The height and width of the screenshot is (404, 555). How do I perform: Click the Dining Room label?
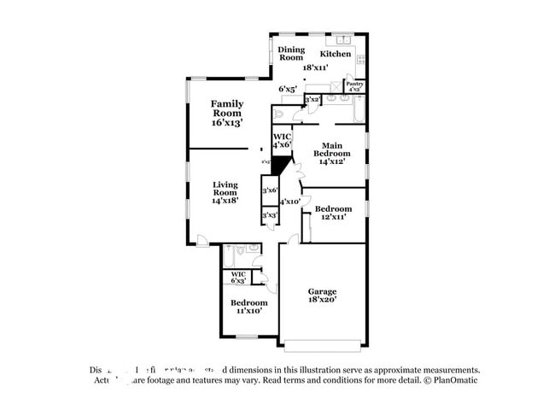tap(291, 53)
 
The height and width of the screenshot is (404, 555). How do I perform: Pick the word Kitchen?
tap(336, 54)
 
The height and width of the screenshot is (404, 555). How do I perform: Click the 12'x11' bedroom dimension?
tap(332, 218)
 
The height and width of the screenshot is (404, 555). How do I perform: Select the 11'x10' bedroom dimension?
tap(248, 311)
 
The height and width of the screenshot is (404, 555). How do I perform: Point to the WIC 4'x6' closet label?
tap(282, 141)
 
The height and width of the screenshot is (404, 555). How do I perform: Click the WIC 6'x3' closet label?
tap(238, 277)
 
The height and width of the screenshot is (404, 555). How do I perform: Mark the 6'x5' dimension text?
tap(288, 89)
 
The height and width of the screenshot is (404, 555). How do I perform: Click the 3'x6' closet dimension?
tap(270, 190)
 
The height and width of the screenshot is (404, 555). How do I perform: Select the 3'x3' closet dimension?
tap(269, 215)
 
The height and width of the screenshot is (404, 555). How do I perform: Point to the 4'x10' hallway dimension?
tap(290, 202)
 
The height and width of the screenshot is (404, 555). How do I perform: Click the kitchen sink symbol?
tap(343, 39)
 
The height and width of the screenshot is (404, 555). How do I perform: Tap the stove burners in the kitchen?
tap(362, 61)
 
